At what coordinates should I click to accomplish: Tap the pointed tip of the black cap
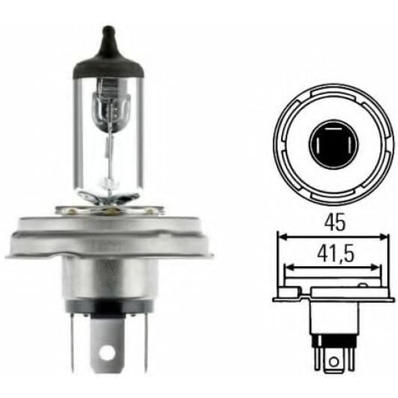point(109,30)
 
